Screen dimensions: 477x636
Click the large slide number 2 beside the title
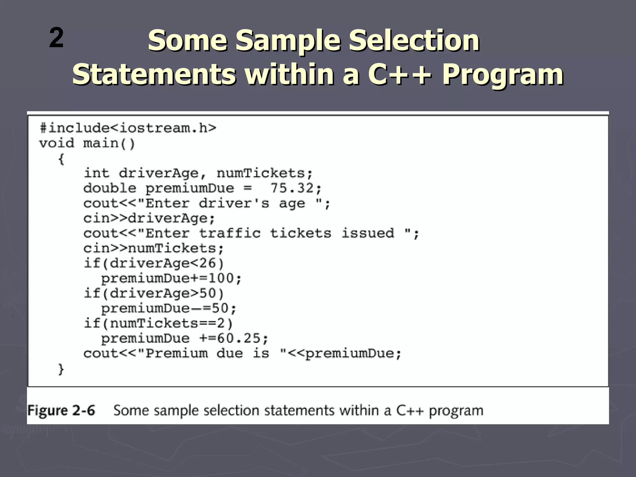point(56,38)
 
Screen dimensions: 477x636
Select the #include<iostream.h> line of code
point(128,128)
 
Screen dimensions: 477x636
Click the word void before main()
point(57,143)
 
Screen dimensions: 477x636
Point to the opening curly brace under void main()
point(61,159)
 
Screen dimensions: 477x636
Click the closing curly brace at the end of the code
point(61,369)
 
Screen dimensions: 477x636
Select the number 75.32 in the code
point(292,188)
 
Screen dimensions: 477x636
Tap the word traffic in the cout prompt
point(229,233)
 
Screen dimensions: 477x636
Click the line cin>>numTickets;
point(153,248)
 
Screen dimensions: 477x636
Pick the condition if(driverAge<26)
point(154,263)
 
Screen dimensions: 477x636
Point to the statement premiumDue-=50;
point(169,308)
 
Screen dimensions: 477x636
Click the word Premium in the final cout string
point(176,353)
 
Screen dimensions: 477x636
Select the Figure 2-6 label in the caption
point(61,411)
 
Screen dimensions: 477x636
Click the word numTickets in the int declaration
point(261,173)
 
